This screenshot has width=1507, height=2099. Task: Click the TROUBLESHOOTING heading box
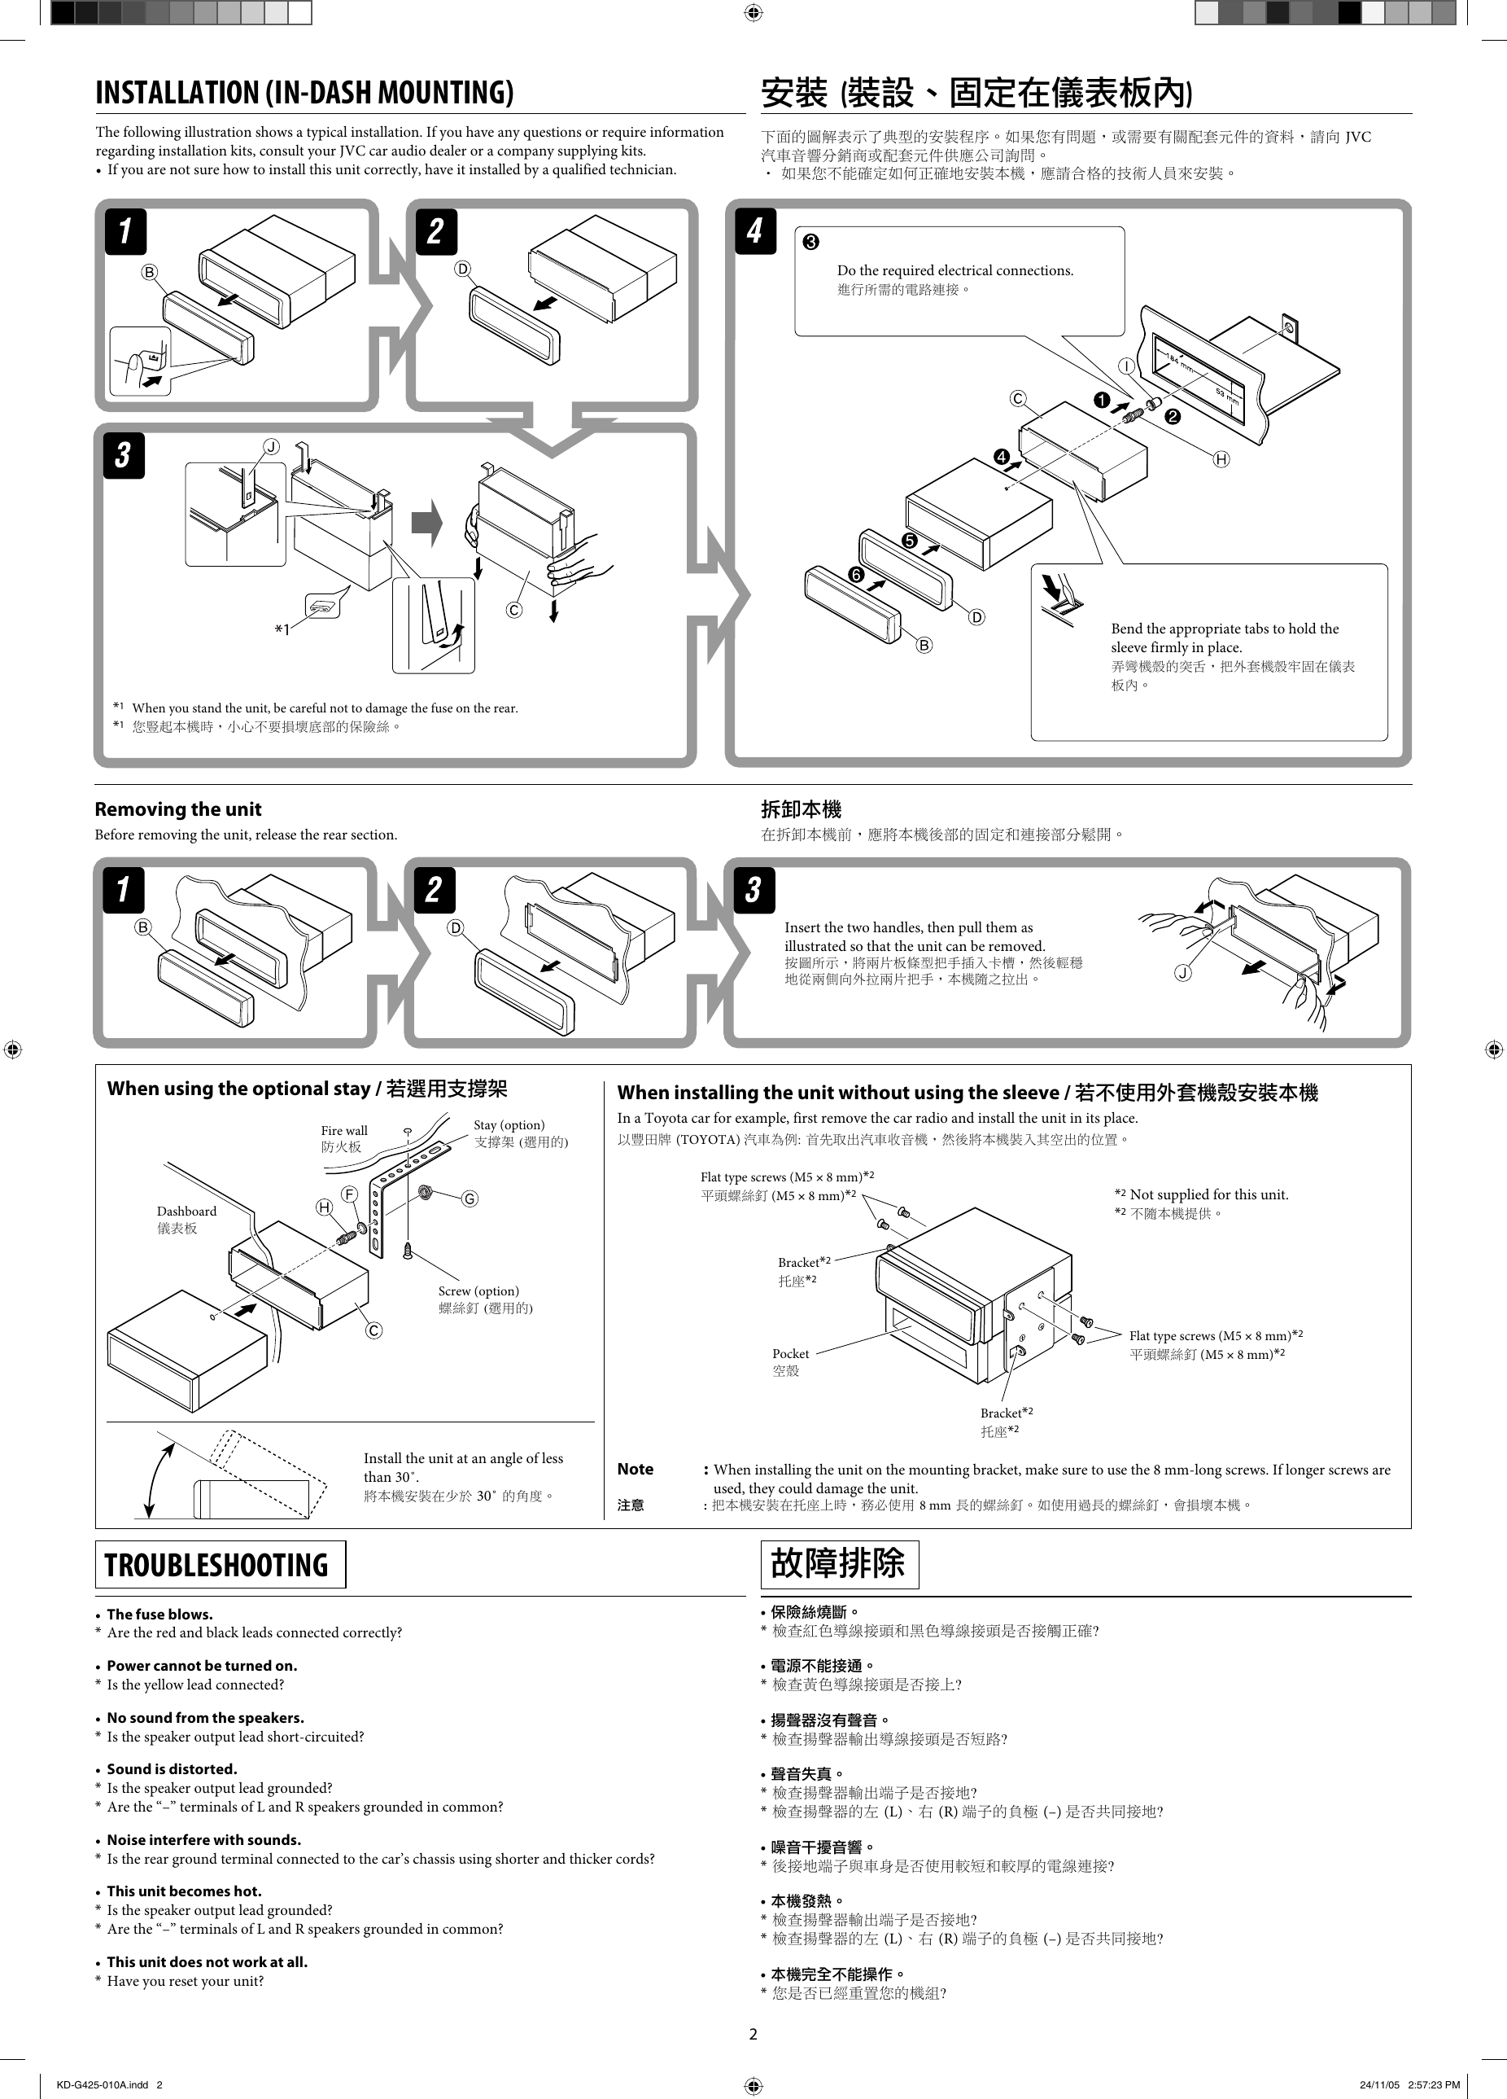[x=221, y=1564]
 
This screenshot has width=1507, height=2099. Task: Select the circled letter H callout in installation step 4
[x=1221, y=459]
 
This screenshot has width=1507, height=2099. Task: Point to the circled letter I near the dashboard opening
[x=1126, y=366]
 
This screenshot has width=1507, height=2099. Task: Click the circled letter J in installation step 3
[x=271, y=447]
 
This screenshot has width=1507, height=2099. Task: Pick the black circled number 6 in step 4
[x=856, y=576]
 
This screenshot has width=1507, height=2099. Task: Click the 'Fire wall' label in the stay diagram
[x=344, y=1130]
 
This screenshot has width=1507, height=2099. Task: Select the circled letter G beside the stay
[x=470, y=1198]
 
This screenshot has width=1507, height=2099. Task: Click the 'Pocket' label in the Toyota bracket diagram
[x=790, y=1353]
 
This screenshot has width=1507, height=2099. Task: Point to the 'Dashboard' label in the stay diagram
[x=186, y=1211]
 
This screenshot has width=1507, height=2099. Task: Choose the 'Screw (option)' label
[x=478, y=1291]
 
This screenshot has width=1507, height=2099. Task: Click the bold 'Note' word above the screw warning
[x=636, y=1469]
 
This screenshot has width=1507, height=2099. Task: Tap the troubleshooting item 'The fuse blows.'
[x=159, y=1614]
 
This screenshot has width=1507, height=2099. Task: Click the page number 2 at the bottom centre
[x=753, y=2033]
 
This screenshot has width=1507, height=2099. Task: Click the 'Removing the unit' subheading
[x=177, y=808]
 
